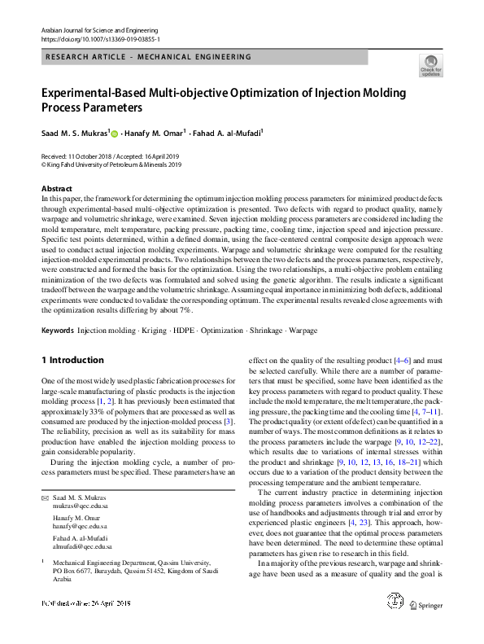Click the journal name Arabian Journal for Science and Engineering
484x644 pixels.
click(98, 29)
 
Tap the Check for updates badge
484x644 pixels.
click(430, 65)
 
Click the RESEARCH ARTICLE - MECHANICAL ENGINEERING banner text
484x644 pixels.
click(149, 57)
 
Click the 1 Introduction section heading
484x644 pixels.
click(72, 360)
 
